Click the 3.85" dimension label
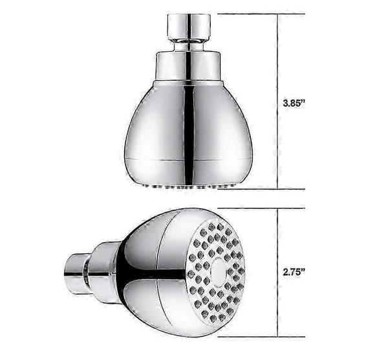(294, 103)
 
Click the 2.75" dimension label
(294, 272)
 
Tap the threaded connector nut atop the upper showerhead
(189, 27)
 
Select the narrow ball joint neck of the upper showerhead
(189, 46)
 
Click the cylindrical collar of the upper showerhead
(189, 67)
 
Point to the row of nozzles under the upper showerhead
(189, 186)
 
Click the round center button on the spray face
(219, 272)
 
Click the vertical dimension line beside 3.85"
(277, 102)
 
